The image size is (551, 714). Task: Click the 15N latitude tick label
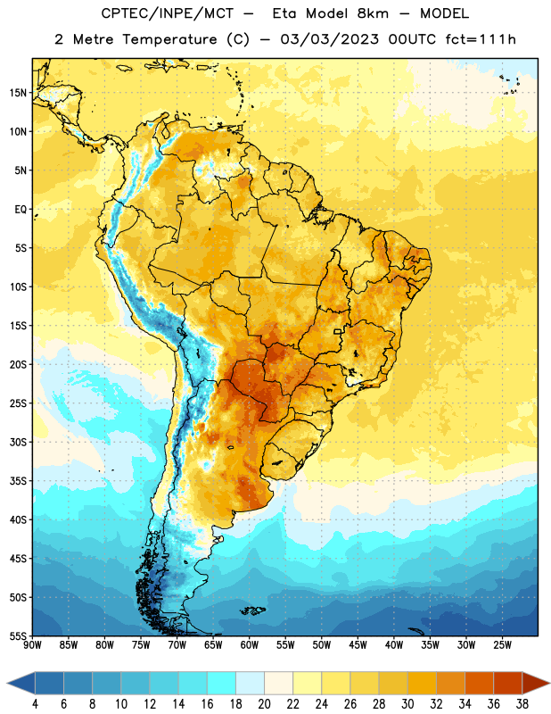18,93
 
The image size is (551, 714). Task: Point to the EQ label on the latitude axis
21,210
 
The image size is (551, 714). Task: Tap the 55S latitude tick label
18,635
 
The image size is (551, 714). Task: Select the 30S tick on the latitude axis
18,442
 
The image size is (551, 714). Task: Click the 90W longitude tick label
32,645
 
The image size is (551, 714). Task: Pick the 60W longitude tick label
250,645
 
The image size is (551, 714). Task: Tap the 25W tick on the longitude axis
503,645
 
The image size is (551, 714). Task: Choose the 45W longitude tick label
358,645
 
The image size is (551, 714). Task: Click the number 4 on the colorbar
35,704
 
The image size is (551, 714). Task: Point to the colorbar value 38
522,704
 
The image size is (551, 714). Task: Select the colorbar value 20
264,704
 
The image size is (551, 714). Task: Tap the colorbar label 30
407,704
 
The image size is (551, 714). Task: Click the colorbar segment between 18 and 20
251,684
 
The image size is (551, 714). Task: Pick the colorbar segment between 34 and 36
479,684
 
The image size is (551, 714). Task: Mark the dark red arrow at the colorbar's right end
536,684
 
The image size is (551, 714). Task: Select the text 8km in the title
373,13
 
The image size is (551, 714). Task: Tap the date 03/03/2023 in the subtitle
329,39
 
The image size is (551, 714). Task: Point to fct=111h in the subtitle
481,39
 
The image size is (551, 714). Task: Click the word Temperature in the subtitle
169,40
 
